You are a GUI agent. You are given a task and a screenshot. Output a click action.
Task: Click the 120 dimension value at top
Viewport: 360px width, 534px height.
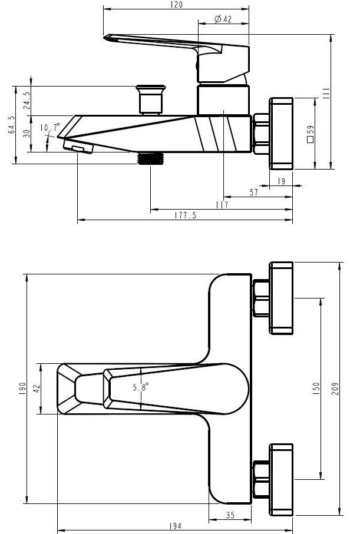coord(176,5)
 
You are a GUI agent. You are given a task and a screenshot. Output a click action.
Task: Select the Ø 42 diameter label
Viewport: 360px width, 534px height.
coord(223,19)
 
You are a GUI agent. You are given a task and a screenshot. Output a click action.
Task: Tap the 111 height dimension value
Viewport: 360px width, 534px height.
coord(326,93)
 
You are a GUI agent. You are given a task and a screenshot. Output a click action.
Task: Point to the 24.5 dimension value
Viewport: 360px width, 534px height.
coord(27,100)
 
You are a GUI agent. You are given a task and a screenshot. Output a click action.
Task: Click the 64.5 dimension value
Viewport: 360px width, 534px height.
coord(11,124)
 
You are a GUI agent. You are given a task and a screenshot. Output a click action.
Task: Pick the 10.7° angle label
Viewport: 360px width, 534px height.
coord(49,127)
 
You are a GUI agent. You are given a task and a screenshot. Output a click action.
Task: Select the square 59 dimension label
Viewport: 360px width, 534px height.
coord(311,134)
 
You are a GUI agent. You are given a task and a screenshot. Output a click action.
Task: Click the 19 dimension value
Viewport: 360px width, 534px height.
coord(281,181)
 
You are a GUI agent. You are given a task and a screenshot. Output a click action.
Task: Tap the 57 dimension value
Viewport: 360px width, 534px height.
coord(254,193)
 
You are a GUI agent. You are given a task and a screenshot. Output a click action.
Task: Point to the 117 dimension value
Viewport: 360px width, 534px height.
coord(222,205)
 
